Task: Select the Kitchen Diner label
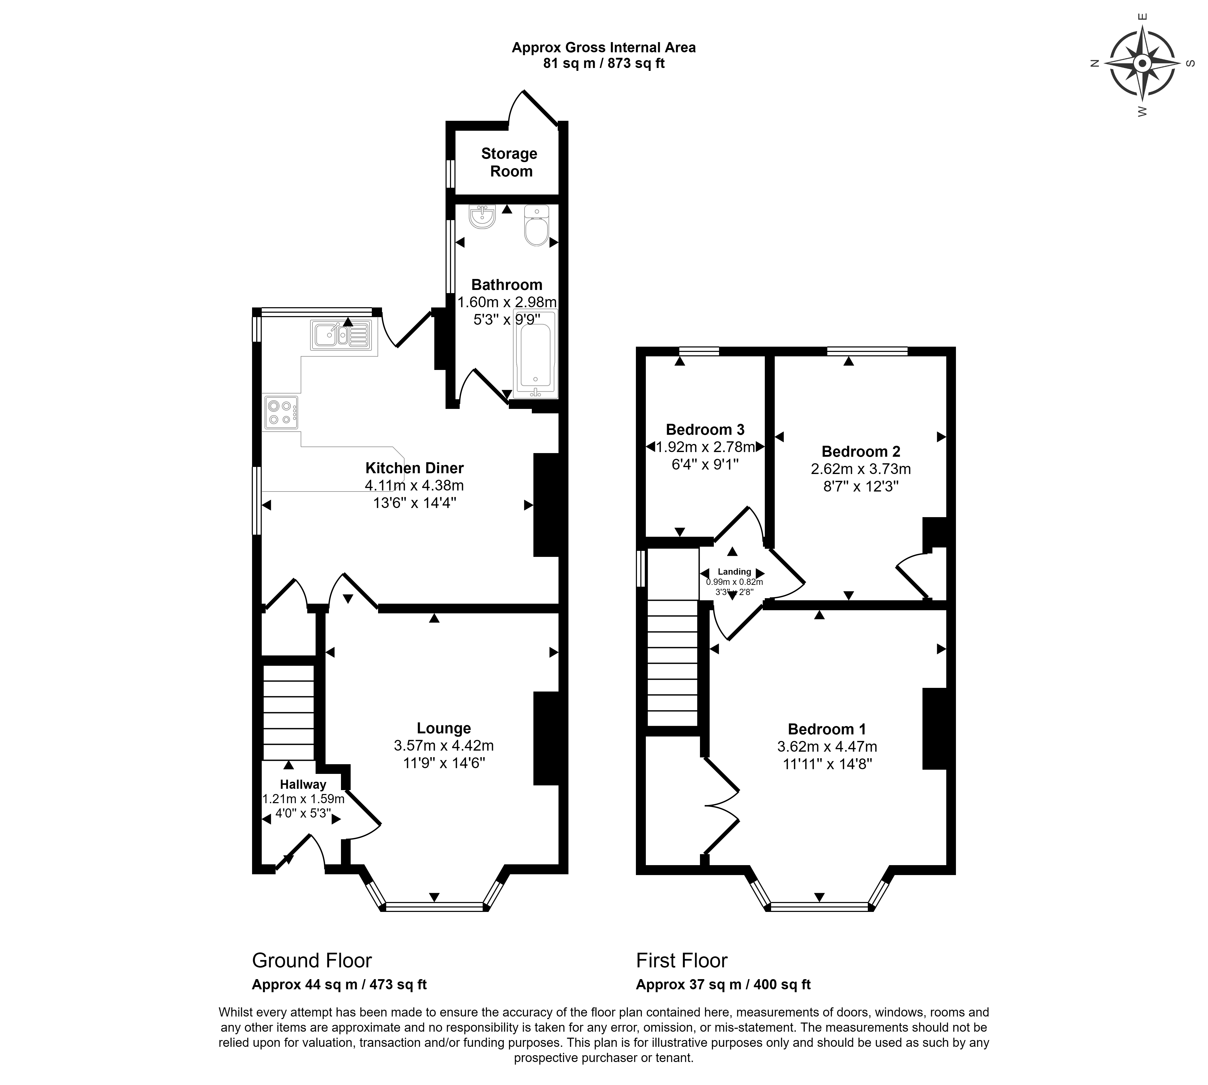(x=414, y=468)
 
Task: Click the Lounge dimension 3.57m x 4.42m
(x=444, y=745)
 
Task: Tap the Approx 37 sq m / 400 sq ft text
(x=723, y=984)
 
